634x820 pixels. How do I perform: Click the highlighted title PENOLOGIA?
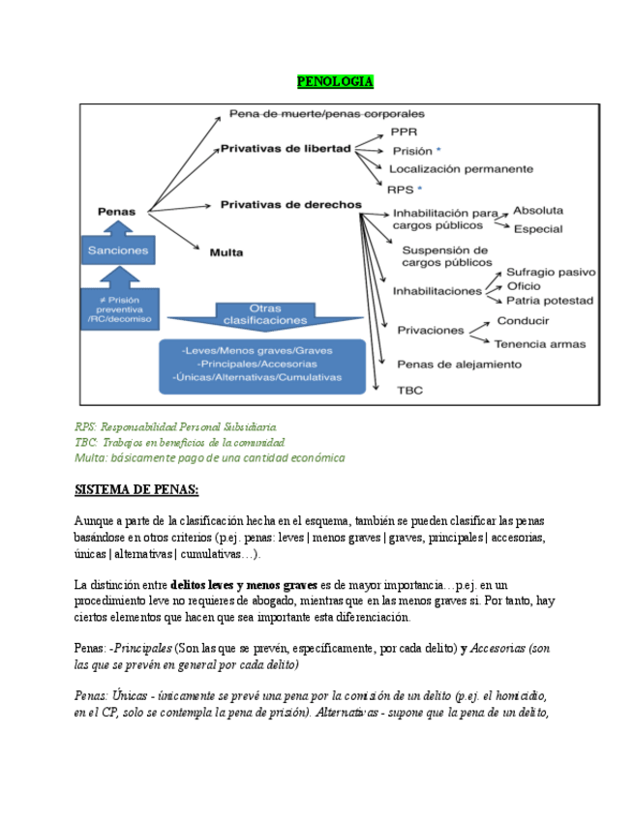pos(334,82)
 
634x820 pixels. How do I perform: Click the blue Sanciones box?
pos(118,250)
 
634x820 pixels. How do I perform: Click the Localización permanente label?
pos(461,168)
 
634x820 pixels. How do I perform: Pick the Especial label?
pos(539,229)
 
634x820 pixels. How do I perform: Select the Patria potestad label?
pos(550,301)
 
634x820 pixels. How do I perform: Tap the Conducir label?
pos(523,321)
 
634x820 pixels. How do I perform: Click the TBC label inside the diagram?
pos(409,391)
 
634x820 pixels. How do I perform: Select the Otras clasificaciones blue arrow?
pos(264,313)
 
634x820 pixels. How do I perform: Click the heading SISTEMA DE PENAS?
pos(136,490)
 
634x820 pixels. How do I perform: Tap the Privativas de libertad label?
pos(286,149)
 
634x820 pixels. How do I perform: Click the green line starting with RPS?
pos(176,426)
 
